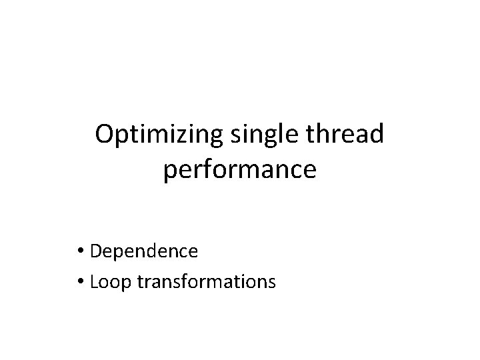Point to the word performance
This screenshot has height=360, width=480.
[x=239, y=171]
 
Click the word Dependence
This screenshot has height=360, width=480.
[x=144, y=251]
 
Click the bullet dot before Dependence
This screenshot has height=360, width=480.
[x=82, y=252]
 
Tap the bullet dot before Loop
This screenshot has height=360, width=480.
[x=82, y=282]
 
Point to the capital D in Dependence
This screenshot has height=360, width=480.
[x=95, y=251]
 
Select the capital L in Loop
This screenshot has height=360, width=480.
[x=93, y=281]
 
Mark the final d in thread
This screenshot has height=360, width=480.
[x=377, y=133]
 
